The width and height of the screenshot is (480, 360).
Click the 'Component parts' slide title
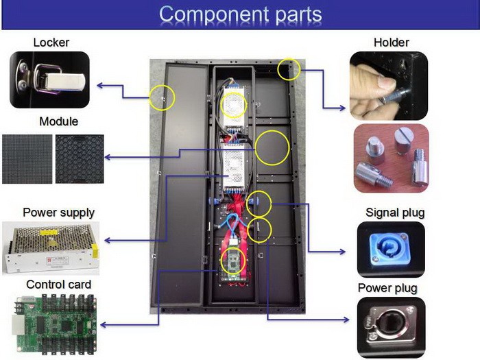click(240, 14)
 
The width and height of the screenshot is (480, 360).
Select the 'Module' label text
click(58, 121)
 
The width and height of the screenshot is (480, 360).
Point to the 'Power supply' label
click(59, 212)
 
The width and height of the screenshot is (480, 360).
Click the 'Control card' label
click(58, 284)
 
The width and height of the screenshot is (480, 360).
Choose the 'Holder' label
click(391, 43)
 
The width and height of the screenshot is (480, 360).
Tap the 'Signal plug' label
click(395, 213)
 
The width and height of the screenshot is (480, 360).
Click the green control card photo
click(53, 322)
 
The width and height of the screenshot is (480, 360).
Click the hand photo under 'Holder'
click(388, 86)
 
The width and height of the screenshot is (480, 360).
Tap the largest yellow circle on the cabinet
click(272, 147)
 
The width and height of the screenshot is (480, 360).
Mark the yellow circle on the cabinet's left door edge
click(163, 97)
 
